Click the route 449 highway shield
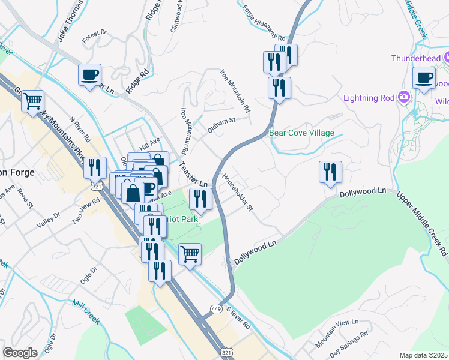point(215,308)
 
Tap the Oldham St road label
point(221,124)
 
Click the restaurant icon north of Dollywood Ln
point(330,172)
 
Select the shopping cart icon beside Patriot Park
point(190,253)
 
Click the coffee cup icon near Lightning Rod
point(424,77)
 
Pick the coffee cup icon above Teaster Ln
point(90,75)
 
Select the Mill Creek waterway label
point(86,313)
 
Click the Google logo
point(20,352)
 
